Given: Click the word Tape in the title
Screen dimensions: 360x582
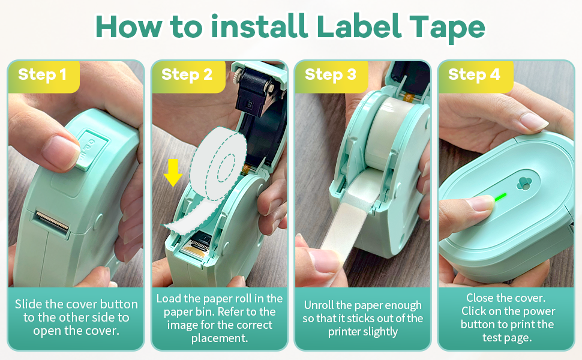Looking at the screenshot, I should pyautogui.click(x=446, y=26).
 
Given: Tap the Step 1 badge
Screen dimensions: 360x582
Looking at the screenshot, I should pyautogui.click(x=43, y=75).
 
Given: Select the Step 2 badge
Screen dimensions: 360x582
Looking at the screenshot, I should pyautogui.click(x=187, y=75).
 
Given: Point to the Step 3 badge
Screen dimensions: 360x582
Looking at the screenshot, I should pyautogui.click(x=330, y=75).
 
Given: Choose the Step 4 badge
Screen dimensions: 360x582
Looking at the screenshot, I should pyautogui.click(x=474, y=75).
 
